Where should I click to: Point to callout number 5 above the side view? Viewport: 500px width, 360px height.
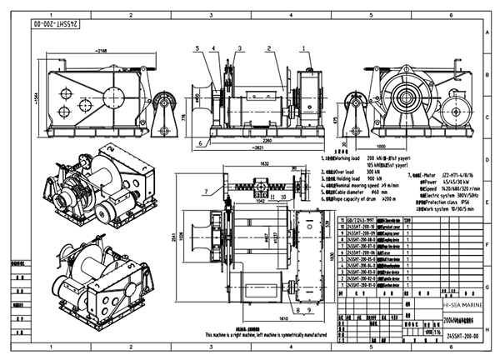pyautogui.click(x=197, y=47)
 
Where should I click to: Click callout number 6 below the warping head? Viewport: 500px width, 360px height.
pyautogui.click(x=202, y=143)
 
